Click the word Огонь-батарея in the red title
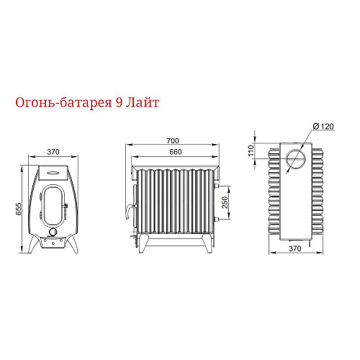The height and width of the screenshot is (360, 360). coord(63,103)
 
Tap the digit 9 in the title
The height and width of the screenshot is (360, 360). coord(118,103)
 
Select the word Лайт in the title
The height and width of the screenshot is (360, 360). coord(142,103)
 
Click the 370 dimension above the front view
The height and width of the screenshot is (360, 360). coord(53,152)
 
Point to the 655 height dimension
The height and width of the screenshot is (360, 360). coord(19,209)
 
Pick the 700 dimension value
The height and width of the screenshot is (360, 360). coord(173,140)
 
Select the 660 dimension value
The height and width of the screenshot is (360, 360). coord(176,152)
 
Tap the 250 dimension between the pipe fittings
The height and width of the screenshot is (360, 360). coord(225,202)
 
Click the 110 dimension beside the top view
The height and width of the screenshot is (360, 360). coord(251,150)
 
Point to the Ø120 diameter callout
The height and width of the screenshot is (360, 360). coord(323,126)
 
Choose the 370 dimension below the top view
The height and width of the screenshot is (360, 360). coord(295,248)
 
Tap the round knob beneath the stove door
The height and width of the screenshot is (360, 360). coord(53,232)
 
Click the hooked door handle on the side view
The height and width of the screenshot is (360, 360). coord(130,211)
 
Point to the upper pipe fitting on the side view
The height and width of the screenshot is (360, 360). coord(216,186)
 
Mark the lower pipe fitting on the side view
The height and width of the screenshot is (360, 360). coord(216,219)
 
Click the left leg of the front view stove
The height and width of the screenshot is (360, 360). coord(35,243)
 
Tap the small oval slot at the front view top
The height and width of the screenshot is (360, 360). coord(53,173)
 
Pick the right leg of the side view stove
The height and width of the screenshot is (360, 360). coord(207,243)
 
